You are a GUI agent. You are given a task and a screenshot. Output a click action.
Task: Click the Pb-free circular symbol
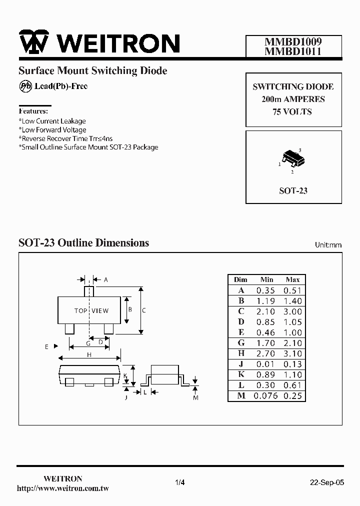tap(25, 86)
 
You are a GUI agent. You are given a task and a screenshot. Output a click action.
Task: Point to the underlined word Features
tap(33, 111)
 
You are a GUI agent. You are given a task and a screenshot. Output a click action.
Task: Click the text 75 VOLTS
tap(292, 112)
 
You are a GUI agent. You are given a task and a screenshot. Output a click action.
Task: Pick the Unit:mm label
tap(328, 245)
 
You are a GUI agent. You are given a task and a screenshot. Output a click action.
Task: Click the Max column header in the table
tap(292, 279)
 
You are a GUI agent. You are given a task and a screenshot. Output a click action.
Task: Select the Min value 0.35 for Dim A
tap(265, 290)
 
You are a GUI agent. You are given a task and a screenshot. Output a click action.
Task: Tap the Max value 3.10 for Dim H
tap(292, 353)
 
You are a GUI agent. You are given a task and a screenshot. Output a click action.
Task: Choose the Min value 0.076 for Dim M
tap(265, 396)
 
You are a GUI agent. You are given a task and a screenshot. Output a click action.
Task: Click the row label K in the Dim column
tap(241, 374)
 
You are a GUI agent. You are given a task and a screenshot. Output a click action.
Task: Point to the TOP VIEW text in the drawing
tap(91, 311)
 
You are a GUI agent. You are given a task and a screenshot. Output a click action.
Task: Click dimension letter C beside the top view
tap(144, 310)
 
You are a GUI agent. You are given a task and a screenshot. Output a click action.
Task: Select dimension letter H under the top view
tap(89, 354)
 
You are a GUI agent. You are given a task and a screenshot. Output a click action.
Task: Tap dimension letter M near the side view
tap(196, 397)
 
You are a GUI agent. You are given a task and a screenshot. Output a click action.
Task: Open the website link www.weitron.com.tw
tap(63, 488)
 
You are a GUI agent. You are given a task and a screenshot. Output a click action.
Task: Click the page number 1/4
tap(180, 482)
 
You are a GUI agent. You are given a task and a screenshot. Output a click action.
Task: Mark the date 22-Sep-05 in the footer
tap(327, 482)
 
